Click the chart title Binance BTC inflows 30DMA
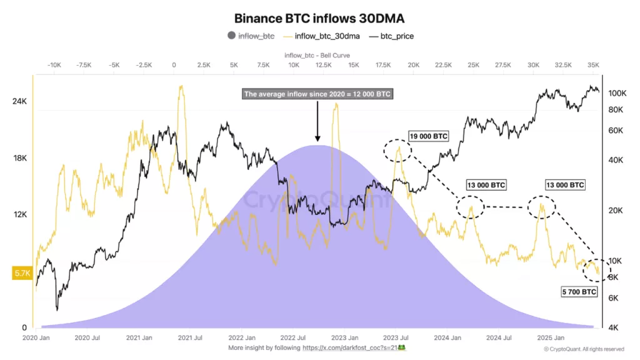pos(319,19)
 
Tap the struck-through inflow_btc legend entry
pos(256,36)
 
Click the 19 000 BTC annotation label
pos(428,136)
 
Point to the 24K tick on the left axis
pos(19,102)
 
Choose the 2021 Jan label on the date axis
pos(139,337)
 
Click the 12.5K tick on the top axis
pos(323,65)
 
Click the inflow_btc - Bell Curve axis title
pos(317,54)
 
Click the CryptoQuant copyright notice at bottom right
pos(584,349)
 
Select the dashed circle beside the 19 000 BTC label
pos(397,150)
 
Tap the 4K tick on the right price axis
pos(614,327)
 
